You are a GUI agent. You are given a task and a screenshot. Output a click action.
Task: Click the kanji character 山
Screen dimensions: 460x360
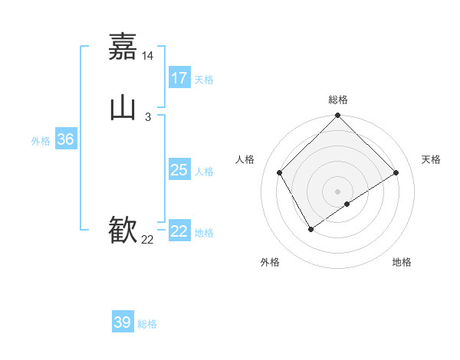click(123, 108)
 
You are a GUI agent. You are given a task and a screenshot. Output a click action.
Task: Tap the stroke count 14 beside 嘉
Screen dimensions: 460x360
click(148, 56)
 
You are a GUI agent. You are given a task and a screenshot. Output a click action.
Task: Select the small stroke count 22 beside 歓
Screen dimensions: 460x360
click(148, 240)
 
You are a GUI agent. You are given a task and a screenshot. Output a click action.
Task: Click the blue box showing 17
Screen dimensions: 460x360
click(179, 78)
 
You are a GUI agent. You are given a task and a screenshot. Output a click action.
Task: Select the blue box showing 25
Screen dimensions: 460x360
click(179, 170)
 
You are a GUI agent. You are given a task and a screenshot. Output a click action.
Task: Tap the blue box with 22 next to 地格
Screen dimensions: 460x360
click(179, 231)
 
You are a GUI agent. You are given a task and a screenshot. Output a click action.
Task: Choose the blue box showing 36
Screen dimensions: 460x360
click(65, 139)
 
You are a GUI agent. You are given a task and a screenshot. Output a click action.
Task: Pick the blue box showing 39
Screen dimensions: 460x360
click(123, 322)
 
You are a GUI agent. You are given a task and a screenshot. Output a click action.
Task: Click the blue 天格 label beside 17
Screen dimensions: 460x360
click(204, 80)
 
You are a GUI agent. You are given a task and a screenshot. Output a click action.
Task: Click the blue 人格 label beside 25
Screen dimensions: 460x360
click(204, 172)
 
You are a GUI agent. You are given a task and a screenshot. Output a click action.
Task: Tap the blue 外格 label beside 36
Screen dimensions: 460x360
click(41, 141)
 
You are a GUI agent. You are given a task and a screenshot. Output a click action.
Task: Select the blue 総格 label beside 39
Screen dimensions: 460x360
click(147, 324)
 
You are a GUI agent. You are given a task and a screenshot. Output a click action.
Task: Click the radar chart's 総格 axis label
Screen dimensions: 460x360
click(338, 100)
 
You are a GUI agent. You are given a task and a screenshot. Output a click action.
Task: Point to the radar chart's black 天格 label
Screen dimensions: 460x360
click(431, 159)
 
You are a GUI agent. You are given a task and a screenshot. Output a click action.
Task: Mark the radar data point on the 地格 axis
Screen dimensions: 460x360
click(347, 204)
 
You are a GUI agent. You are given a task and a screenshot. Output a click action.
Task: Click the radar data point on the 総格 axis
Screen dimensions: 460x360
click(338, 116)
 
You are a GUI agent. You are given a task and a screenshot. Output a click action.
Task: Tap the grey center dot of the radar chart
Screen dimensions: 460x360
click(338, 191)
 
